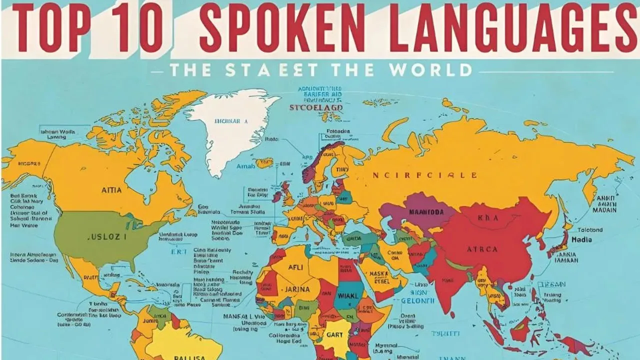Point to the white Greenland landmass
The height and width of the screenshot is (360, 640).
coord(230,125)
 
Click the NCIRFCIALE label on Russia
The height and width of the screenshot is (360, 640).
coord(425,175)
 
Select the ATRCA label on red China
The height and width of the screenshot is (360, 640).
coord(482,248)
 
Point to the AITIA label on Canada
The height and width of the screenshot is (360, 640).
coord(111,190)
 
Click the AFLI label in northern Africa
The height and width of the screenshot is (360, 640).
coord(296,267)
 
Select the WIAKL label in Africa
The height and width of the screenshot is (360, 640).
coord(349,295)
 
